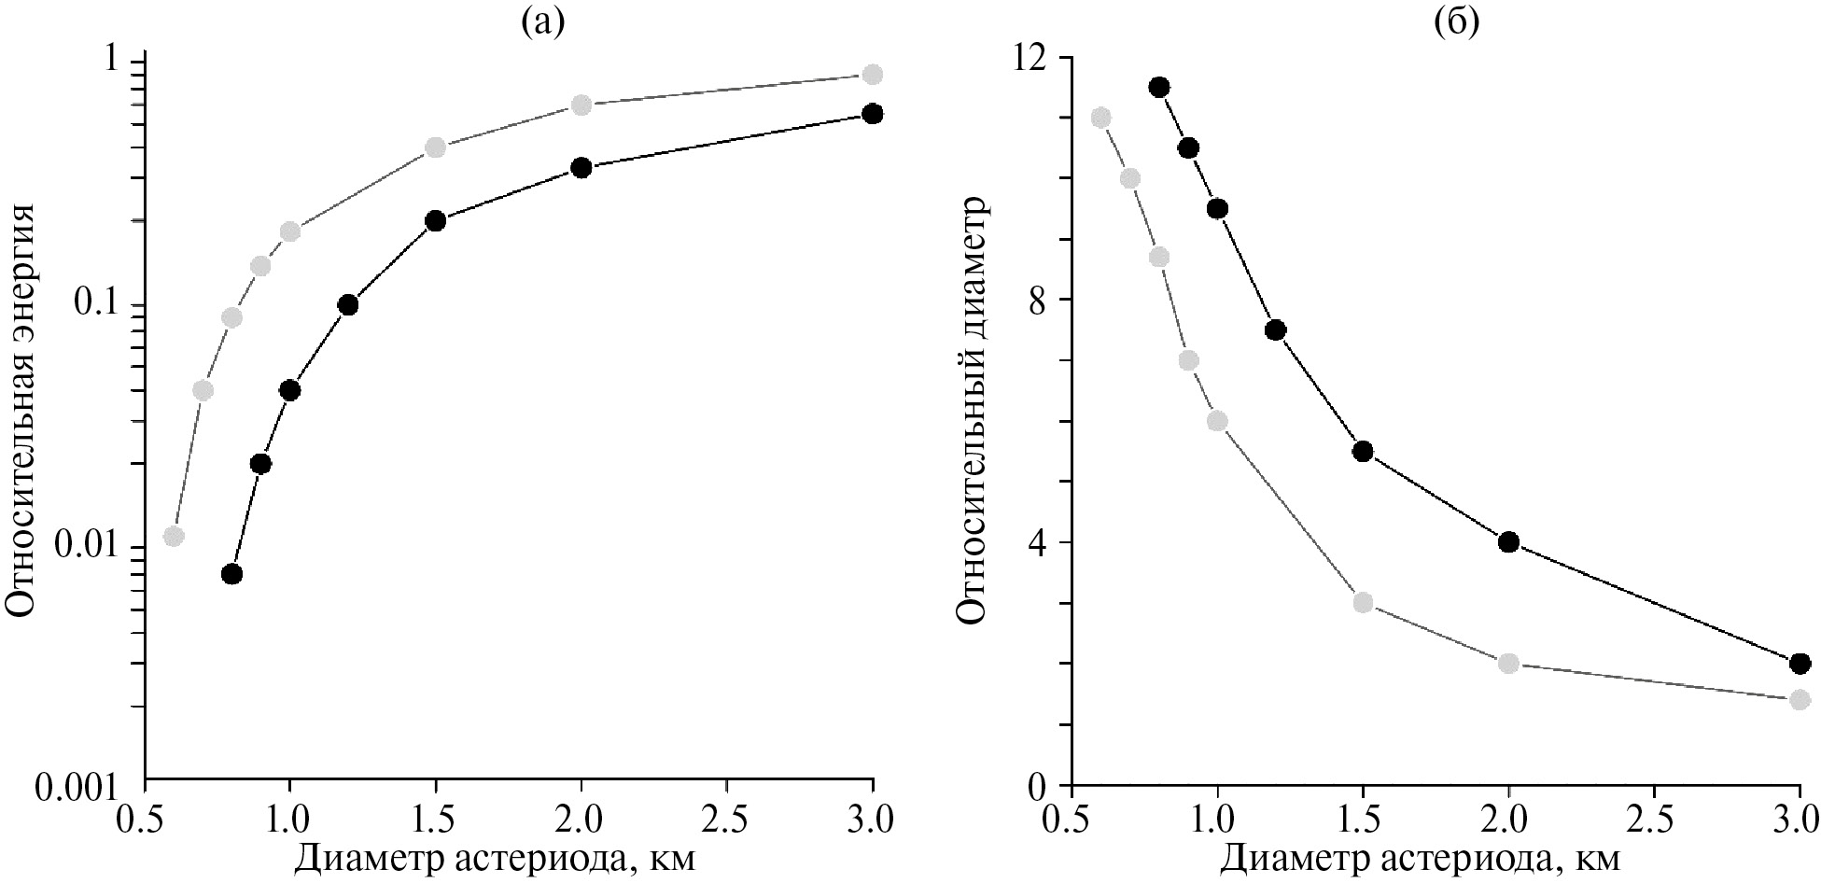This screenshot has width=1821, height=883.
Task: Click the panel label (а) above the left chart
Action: click(543, 21)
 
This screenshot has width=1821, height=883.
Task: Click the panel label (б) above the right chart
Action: click(1456, 21)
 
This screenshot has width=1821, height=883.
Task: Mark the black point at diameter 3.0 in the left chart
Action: click(873, 114)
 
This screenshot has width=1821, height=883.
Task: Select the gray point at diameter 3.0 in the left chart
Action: click(873, 75)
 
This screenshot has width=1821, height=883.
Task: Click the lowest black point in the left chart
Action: click(232, 573)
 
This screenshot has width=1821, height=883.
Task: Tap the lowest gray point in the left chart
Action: click(174, 536)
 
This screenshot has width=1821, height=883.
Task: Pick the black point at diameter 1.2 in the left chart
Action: click(348, 304)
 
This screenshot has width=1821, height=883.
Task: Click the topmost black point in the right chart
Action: click(1159, 87)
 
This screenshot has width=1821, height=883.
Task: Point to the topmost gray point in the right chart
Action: click(1101, 118)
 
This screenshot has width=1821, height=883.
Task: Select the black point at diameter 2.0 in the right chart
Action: click(1508, 541)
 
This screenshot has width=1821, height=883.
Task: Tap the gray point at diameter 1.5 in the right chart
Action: click(1363, 602)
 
